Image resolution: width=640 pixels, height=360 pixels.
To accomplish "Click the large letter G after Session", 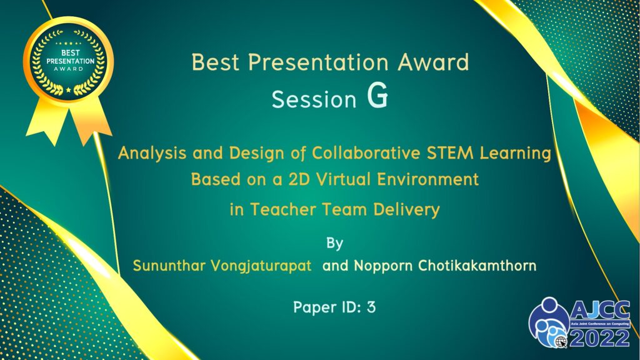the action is coord(377,96).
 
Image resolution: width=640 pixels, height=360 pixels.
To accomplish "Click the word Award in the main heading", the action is coord(434,62).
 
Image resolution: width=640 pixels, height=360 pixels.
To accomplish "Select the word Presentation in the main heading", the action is coord(318,62).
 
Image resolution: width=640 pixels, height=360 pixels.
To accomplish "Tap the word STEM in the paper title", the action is coord(450,153).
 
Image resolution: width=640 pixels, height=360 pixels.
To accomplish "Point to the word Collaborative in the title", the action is coord(366,153).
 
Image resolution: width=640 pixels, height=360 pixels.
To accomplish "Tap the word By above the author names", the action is coord(335,243).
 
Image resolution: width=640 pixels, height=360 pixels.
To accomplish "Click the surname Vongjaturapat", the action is coord(261,266).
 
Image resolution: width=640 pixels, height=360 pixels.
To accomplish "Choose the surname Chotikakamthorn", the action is coord(477,266).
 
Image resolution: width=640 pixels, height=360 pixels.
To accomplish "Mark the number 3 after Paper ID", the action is coord(371,307).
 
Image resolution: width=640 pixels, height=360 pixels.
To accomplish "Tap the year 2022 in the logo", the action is coord(599,338).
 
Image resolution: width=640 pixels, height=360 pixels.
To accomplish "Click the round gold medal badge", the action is coord(68,62).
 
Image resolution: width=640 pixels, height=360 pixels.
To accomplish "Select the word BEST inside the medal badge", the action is coord(70,52).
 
